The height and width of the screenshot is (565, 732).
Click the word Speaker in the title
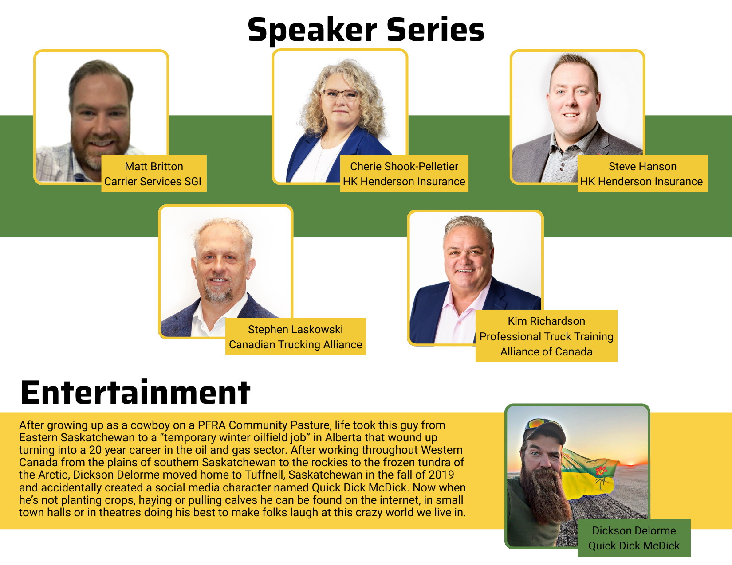[x=312, y=30]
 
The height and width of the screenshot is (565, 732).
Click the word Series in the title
[x=435, y=30]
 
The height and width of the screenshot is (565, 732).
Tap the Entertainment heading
[x=135, y=392]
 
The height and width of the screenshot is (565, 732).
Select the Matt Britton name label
[x=154, y=166]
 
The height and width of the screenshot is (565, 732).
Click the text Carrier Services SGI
[x=153, y=181]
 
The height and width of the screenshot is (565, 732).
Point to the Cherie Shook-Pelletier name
[x=404, y=166]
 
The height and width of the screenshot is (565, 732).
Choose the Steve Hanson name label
[x=642, y=166]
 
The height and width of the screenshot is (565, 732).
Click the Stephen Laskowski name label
[x=295, y=329]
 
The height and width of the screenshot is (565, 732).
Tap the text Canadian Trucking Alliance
[x=295, y=345]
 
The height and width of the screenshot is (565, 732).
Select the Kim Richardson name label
[x=547, y=321]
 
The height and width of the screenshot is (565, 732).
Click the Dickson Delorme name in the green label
[x=634, y=530]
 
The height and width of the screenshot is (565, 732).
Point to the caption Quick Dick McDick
[x=634, y=546]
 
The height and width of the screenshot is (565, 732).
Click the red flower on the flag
[x=601, y=471]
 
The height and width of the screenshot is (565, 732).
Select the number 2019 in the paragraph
[x=441, y=475]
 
